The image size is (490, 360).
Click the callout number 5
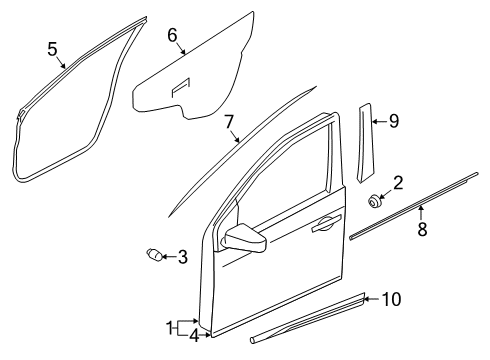pyautogui.click(x=52, y=47)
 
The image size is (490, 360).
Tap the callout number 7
pyautogui.click(x=229, y=122)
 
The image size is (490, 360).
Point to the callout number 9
pyautogui.click(x=393, y=122)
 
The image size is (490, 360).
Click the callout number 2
pyautogui.click(x=397, y=182)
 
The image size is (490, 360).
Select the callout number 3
pyautogui.click(x=182, y=258)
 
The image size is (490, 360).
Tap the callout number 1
pyautogui.click(x=169, y=325)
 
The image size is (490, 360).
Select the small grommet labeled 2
pyautogui.click(x=375, y=201)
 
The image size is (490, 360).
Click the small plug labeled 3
pyautogui.click(x=155, y=256)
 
